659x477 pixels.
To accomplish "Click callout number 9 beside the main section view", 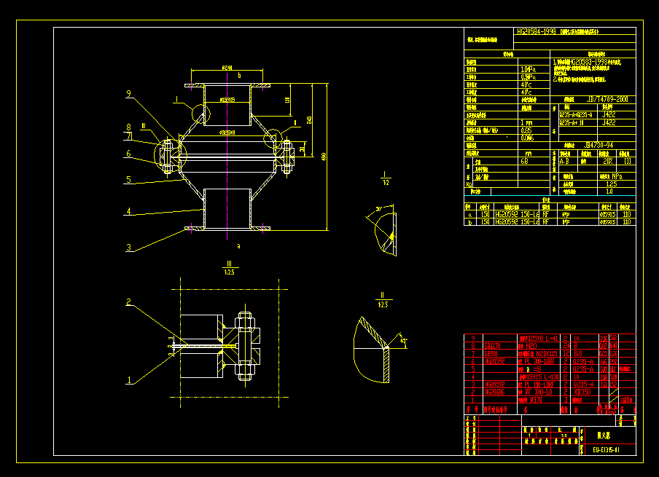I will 128,94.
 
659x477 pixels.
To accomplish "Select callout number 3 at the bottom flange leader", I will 128,248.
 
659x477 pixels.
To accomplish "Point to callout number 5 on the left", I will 128,179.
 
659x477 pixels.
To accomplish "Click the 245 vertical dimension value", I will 310,120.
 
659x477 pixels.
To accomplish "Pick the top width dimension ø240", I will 229,67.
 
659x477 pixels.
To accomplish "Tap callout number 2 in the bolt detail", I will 128,302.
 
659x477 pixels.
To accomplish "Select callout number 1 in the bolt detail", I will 128,379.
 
